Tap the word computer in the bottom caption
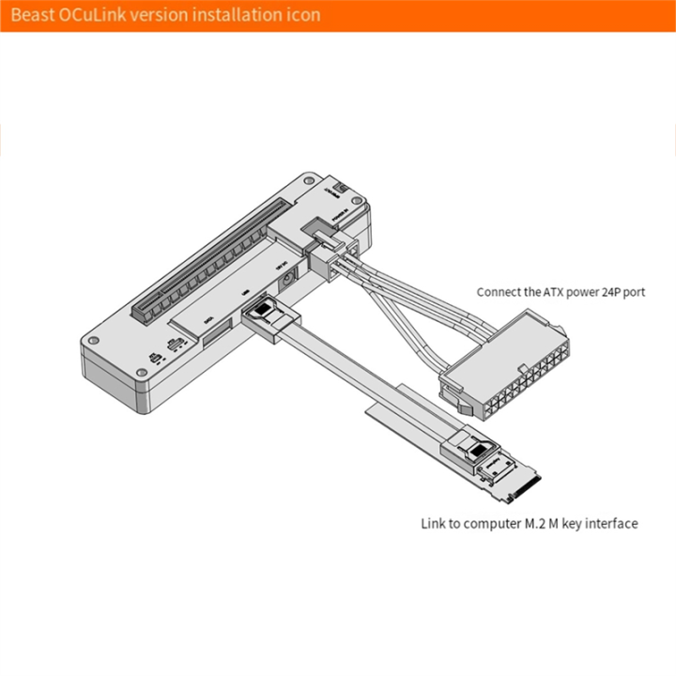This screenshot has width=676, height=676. tap(487, 523)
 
